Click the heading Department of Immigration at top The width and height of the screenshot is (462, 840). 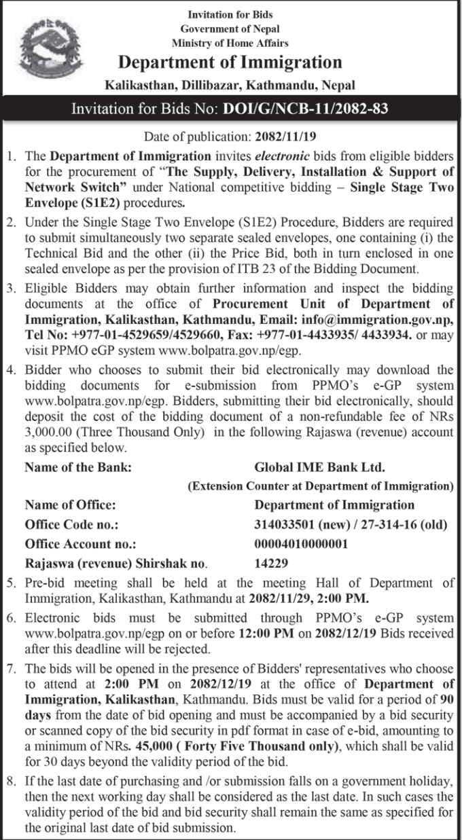pos(230,63)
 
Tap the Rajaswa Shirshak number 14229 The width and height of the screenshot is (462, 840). pos(272,563)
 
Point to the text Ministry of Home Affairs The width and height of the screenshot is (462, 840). pos(230,43)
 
